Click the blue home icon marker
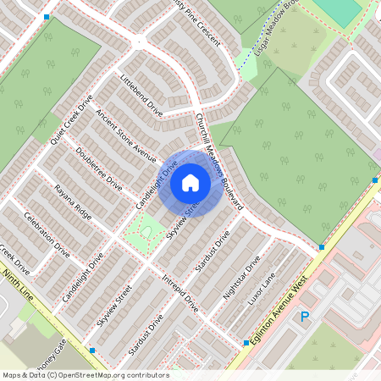[190, 182]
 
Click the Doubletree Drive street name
[99, 169]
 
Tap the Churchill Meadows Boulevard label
[219, 161]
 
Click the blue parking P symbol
[305, 317]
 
